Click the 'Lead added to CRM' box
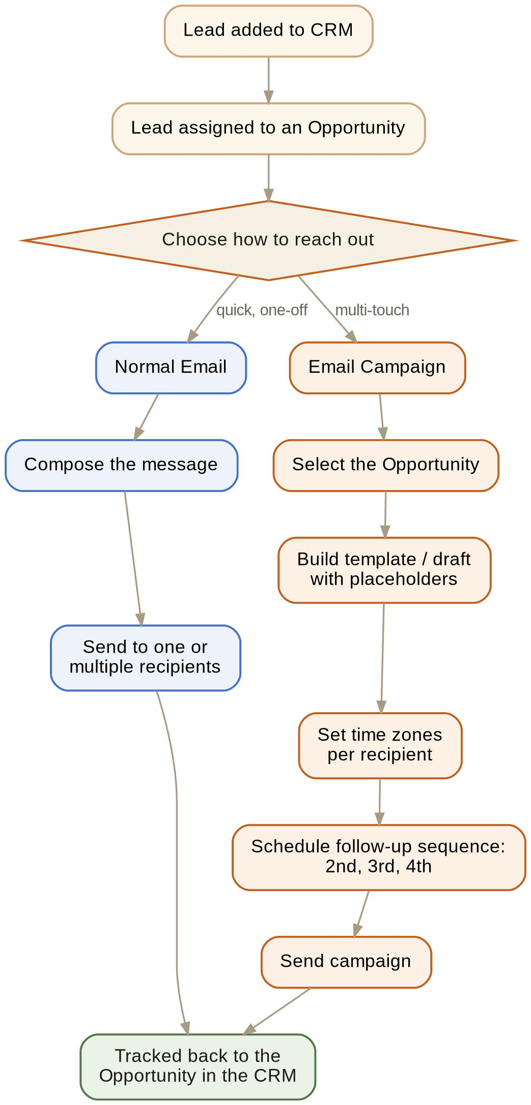[268, 31]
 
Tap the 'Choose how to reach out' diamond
[268, 240]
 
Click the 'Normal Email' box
[171, 368]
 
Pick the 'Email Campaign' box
[377, 368]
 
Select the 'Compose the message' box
[121, 466]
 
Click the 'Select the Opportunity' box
[386, 466]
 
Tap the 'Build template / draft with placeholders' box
[384, 570]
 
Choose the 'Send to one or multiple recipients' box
[145, 658]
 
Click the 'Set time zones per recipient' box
[380, 745]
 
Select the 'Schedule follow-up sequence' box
[379, 857]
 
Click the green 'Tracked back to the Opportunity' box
[198, 1067]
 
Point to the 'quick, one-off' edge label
[262, 310]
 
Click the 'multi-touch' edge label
[372, 310]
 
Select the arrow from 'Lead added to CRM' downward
[268, 80]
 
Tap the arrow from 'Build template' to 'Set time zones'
[382, 658]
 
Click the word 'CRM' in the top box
[331, 30]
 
